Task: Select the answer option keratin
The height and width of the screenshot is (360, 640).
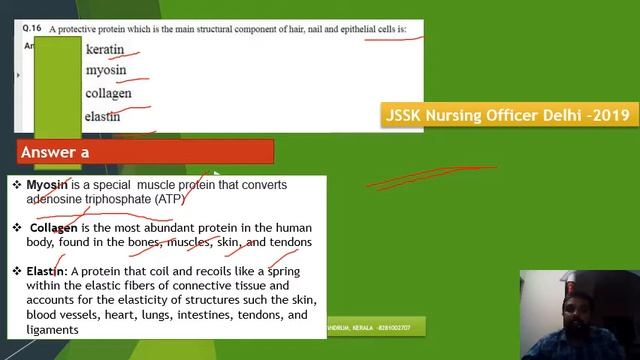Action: click(x=105, y=49)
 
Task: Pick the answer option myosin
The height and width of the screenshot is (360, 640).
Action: click(x=106, y=71)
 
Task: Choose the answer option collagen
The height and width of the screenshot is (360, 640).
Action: click(x=108, y=93)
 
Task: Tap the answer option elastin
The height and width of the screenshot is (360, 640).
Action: click(x=102, y=116)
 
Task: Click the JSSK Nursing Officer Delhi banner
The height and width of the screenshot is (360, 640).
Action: click(x=507, y=115)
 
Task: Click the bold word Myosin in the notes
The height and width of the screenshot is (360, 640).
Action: click(x=47, y=185)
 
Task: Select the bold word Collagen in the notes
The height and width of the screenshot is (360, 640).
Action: click(x=53, y=228)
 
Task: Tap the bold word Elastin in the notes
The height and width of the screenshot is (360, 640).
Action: click(x=46, y=271)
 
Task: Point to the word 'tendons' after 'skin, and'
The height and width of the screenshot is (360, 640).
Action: click(x=291, y=242)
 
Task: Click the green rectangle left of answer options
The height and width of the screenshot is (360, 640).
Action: click(x=57, y=85)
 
